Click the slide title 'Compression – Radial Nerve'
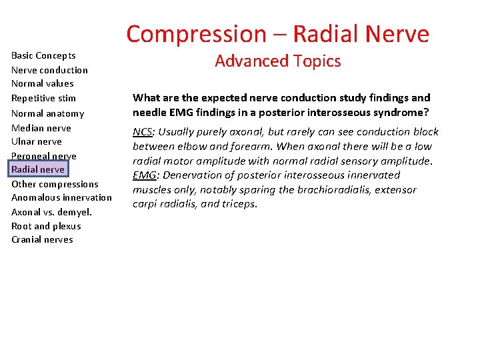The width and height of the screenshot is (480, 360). click(277, 33)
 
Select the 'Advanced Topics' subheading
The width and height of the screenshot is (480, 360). click(277, 61)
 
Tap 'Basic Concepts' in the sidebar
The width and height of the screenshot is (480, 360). click(43, 55)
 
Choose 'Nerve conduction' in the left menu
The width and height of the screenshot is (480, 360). click(49, 70)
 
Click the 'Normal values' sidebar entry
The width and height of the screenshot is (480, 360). click(42, 83)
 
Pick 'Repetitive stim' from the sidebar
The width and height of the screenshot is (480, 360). click(43, 98)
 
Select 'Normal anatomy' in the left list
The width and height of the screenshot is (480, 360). click(47, 113)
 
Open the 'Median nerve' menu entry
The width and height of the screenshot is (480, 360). click(41, 128)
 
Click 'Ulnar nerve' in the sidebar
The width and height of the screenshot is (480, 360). click(37, 141)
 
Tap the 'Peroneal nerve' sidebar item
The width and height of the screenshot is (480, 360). click(43, 156)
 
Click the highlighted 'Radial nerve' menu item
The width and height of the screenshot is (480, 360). click(38, 169)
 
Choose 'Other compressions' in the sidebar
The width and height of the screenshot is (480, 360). click(55, 184)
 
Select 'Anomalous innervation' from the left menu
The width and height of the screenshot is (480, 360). click(61, 197)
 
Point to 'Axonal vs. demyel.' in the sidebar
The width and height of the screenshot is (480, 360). click(51, 212)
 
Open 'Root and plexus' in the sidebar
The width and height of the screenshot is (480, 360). click(46, 226)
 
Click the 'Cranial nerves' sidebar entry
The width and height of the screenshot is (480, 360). click(42, 239)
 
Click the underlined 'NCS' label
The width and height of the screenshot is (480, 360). click(142, 131)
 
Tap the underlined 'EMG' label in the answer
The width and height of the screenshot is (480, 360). click(143, 175)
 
